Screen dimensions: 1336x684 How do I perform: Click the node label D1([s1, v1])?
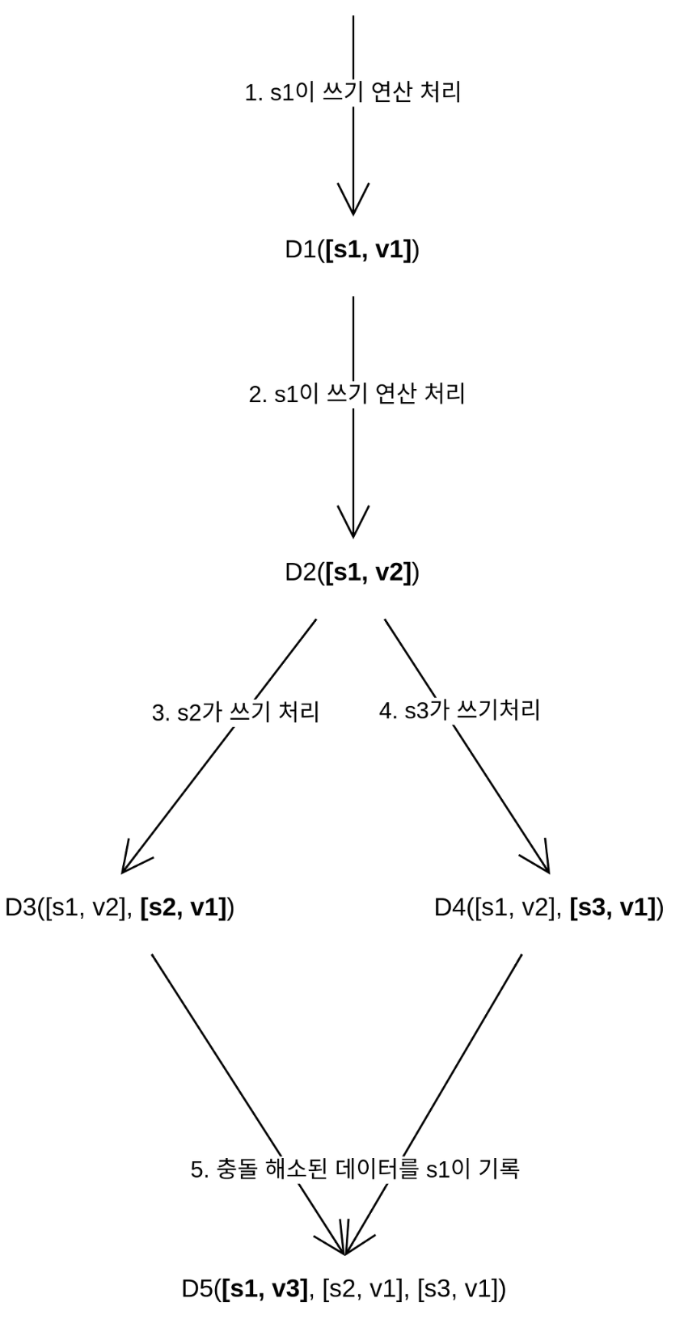(352, 250)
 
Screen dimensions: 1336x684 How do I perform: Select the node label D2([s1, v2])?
(352, 573)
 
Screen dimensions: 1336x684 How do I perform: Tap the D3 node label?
(120, 907)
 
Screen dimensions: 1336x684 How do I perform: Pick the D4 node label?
(548, 907)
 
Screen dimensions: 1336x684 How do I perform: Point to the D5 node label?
(344, 1287)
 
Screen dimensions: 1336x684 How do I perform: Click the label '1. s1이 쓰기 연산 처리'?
(353, 92)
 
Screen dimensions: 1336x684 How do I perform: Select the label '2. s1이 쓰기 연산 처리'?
(357, 394)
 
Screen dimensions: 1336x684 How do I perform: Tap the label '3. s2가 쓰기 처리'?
(235, 712)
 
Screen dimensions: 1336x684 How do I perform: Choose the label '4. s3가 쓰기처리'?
(459, 710)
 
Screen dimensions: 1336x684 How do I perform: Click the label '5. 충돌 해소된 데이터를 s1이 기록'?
(355, 1169)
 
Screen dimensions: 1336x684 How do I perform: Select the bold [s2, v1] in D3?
(184, 907)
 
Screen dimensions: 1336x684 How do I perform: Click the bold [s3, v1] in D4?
(613, 907)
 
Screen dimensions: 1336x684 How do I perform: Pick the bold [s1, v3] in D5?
(266, 1287)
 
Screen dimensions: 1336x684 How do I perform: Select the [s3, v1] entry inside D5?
(457, 1287)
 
